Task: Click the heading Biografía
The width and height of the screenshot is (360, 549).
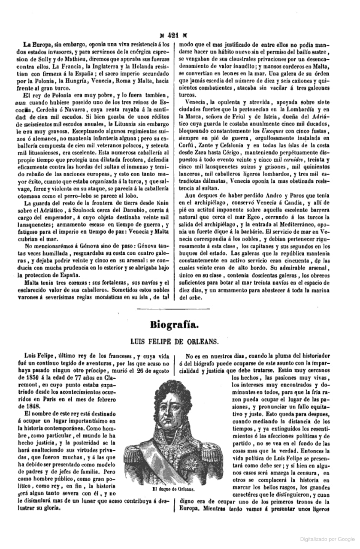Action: (x=174, y=324)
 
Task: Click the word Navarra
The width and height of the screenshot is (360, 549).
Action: (x=86, y=110)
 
